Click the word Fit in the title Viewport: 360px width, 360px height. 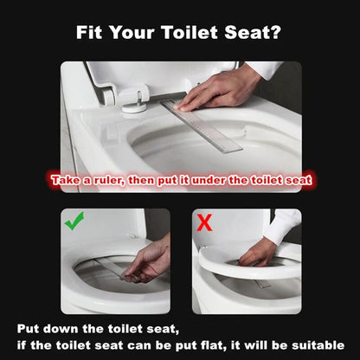[93, 34]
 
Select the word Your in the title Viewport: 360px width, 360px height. [138, 34]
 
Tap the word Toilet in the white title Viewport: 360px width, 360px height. [196, 34]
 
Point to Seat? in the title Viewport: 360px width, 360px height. [257, 34]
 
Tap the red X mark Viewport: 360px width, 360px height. [205, 222]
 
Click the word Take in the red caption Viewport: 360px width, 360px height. [69, 181]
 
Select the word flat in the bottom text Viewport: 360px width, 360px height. [239, 344]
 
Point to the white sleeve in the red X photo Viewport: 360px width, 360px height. [284, 226]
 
